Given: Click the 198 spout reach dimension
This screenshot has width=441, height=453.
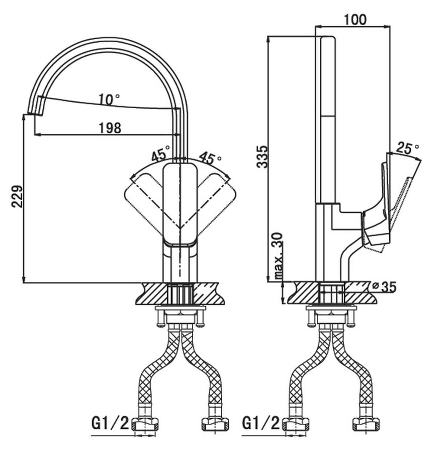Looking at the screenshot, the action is point(110,128).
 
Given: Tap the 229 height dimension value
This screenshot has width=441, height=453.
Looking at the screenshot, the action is point(18,196).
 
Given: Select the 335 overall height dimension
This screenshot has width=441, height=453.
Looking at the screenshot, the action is point(262,157).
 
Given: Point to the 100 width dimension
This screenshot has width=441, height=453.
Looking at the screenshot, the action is point(355,20).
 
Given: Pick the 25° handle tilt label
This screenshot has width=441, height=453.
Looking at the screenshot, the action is point(407,147).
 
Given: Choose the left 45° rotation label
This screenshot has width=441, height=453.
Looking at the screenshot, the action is point(161,154).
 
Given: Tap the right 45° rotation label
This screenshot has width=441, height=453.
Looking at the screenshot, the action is point(210,158).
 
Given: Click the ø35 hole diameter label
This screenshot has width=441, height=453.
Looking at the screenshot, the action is point(384,287).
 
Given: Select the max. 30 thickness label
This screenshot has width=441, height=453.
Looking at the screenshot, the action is point(278,255).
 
